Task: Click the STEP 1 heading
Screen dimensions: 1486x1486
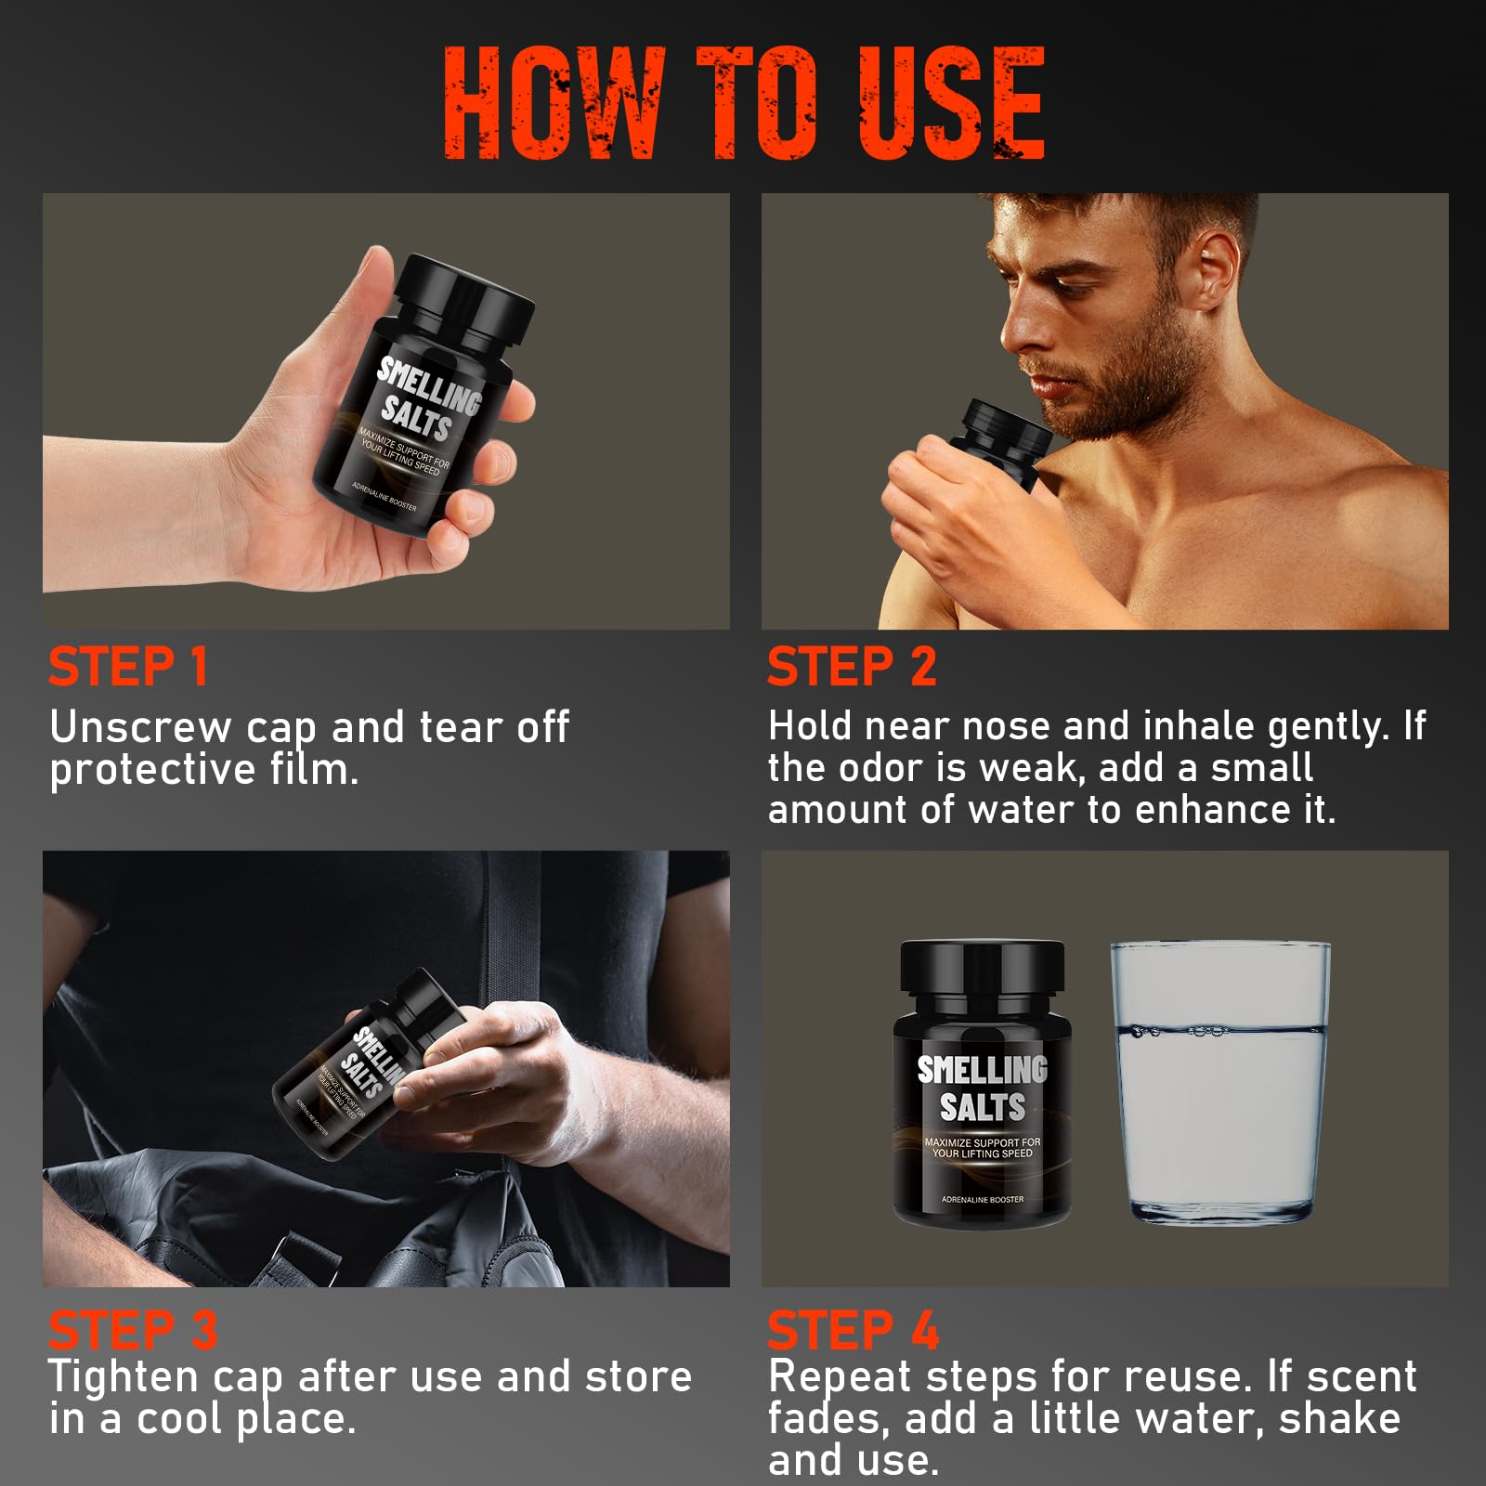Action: pyautogui.click(x=128, y=667)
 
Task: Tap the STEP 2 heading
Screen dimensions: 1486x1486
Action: pyautogui.click(x=852, y=667)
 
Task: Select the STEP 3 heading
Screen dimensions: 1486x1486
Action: pyautogui.click(x=133, y=1330)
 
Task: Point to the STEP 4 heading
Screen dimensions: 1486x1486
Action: pyautogui.click(x=853, y=1330)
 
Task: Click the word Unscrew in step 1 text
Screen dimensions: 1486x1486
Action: pyautogui.click(x=139, y=727)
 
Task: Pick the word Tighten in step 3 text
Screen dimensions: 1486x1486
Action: pyautogui.click(x=123, y=1377)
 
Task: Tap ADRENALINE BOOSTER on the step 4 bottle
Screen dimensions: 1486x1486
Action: pyautogui.click(x=982, y=1200)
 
